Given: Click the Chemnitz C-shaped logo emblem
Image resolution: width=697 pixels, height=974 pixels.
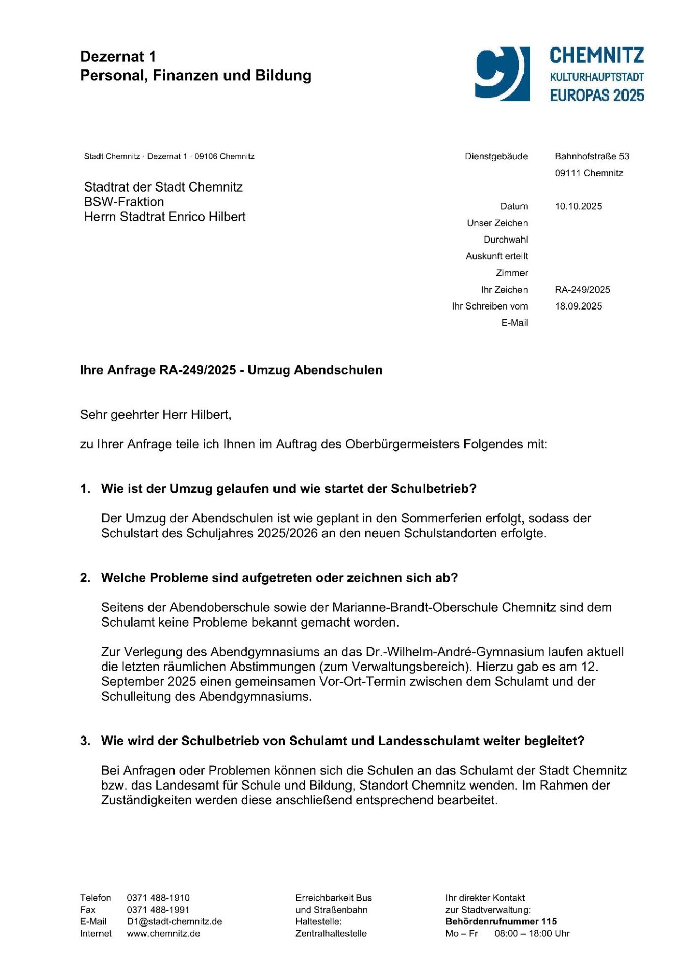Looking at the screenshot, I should [501, 74].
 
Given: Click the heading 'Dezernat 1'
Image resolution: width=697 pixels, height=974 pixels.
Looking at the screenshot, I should [118, 57].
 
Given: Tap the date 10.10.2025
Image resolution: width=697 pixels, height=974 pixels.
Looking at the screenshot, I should [578, 206].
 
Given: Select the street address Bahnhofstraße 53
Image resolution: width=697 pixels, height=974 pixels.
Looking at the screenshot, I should [592, 156].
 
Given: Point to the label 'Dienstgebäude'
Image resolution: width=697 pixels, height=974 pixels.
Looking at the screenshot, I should [496, 156].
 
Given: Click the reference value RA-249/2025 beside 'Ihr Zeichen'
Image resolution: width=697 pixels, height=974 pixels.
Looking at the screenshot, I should [582, 290].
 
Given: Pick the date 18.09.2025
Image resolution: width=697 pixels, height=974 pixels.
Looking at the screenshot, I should [578, 306].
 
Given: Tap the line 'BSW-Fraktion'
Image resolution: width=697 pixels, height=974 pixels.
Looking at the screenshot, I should [124, 202].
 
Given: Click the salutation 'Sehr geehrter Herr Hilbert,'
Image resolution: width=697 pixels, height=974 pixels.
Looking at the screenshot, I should [156, 415].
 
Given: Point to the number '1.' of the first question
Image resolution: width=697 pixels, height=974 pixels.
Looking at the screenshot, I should [85, 489].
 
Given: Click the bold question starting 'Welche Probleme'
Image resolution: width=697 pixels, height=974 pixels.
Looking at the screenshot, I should [279, 578].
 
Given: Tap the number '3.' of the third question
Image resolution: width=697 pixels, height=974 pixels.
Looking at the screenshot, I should [85, 741].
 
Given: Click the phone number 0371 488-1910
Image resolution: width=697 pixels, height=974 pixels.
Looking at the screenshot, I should [158, 898].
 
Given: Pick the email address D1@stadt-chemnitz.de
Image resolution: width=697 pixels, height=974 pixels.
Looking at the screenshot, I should [174, 921].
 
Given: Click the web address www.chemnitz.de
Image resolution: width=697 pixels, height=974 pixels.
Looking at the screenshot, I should [163, 933].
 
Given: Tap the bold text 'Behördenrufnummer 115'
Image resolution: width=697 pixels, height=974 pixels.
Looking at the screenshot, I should [501, 921].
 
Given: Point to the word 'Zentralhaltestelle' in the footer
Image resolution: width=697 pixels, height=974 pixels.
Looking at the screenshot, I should [331, 933].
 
